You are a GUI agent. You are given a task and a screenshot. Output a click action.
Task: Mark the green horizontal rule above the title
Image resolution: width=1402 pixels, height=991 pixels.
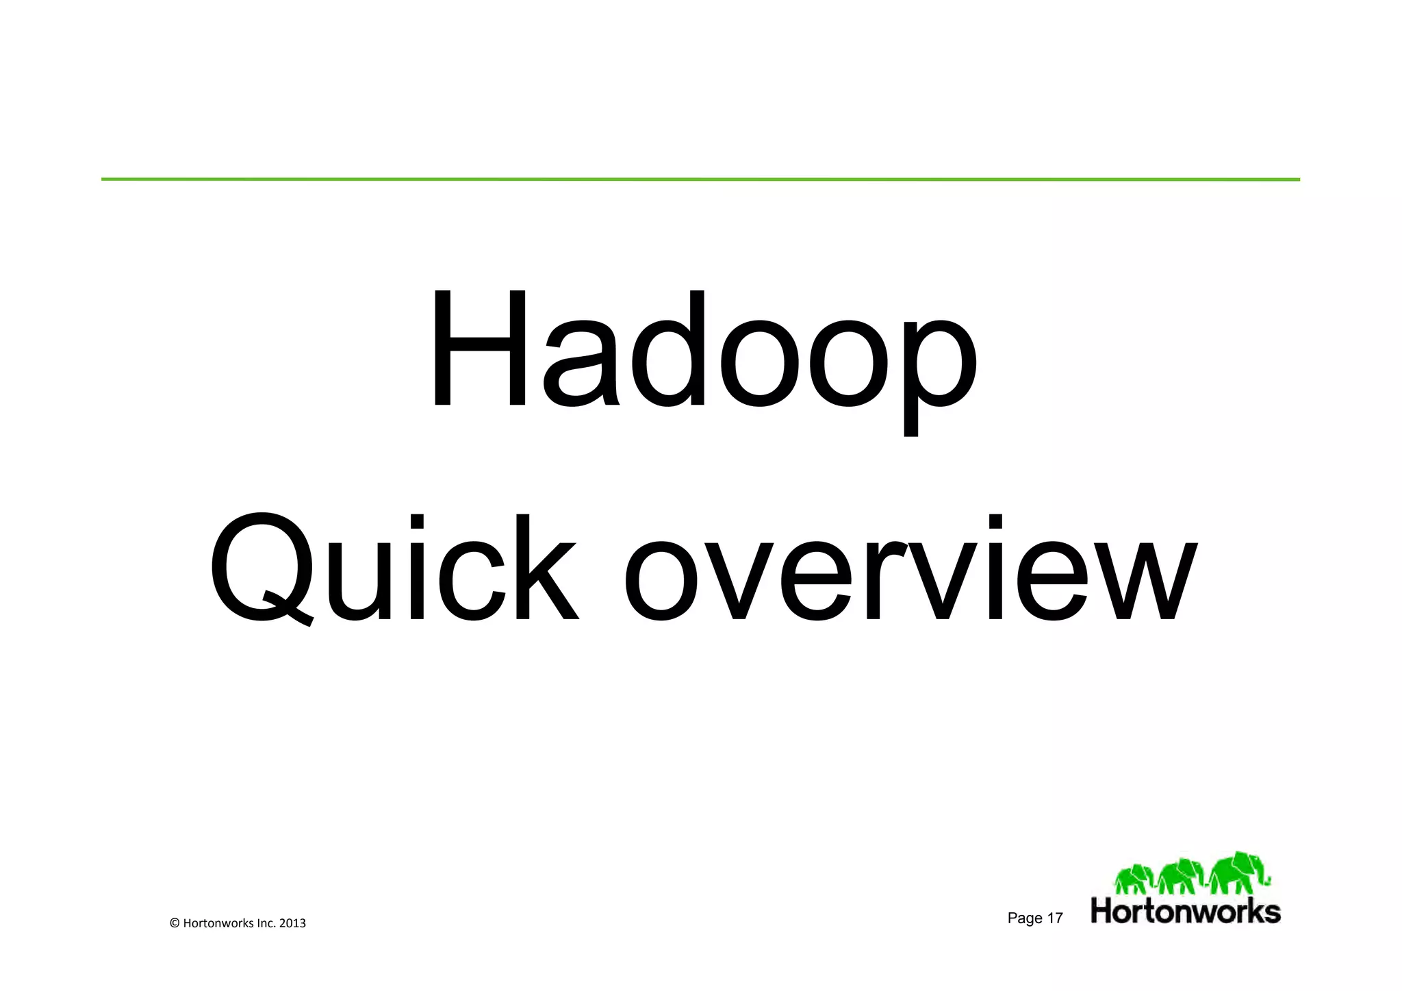point(700,179)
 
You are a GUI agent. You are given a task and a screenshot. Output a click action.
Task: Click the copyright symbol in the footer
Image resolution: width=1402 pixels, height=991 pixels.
point(174,923)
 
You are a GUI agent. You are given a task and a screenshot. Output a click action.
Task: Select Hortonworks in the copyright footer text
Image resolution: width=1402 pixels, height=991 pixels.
point(218,923)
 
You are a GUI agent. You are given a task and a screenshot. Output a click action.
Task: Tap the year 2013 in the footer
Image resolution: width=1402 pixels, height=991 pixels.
point(292,923)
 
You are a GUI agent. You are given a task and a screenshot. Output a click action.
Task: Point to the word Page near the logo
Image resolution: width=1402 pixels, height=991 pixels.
point(1025,918)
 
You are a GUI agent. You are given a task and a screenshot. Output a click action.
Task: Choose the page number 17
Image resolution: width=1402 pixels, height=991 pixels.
point(1055,918)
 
